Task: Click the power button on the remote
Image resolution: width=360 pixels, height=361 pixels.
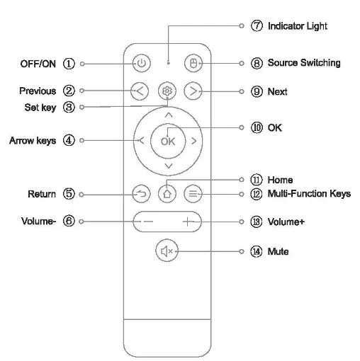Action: (141, 63)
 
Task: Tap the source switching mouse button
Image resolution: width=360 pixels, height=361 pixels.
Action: (191, 63)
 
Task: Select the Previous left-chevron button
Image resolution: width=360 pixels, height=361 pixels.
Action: (140, 91)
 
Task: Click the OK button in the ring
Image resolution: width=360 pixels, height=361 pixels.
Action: (167, 140)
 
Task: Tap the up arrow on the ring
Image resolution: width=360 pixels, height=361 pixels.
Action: (167, 114)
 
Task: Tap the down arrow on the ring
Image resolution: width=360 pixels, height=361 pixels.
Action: (167, 166)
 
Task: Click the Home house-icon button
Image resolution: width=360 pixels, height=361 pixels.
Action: (167, 193)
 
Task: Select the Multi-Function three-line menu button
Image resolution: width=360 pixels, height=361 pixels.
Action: (192, 193)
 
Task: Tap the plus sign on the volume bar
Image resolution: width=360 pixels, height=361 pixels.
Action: (188, 222)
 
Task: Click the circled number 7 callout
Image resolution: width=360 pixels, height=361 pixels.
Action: (257, 26)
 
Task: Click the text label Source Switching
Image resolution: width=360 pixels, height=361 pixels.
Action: (303, 63)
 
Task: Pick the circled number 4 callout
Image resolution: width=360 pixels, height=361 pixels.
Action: (69, 140)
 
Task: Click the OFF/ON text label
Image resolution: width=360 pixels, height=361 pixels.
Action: (38, 63)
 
